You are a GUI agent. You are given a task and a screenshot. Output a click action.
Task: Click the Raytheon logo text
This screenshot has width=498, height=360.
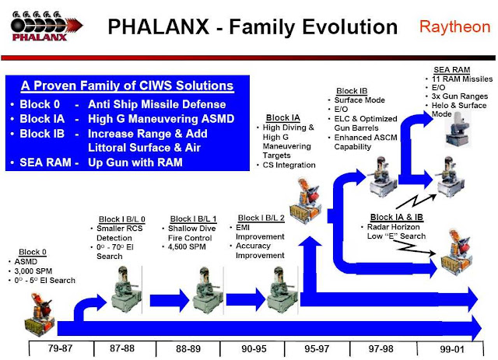[454, 27]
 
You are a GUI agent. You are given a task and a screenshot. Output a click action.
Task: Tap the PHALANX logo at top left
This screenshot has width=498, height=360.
[46, 26]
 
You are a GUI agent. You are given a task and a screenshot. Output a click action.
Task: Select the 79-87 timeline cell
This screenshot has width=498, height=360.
[61, 348]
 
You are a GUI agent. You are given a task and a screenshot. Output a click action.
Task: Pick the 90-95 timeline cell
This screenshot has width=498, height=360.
[253, 348]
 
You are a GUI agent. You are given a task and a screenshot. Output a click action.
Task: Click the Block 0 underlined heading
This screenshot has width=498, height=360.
[33, 252]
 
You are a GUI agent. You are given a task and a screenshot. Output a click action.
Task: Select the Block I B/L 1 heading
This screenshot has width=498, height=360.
[193, 219]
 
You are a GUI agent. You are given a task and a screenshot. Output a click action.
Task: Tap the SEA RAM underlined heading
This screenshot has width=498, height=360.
[451, 70]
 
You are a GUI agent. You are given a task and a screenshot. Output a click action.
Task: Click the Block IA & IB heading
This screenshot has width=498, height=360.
[396, 217]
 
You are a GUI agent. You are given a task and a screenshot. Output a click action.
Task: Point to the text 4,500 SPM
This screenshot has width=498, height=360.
[187, 246]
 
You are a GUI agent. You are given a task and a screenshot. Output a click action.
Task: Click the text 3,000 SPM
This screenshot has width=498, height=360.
[33, 271]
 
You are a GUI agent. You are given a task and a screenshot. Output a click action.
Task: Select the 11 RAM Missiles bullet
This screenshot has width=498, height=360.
[462, 79]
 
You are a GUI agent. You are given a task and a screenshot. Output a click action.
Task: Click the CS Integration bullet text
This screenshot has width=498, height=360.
[289, 165]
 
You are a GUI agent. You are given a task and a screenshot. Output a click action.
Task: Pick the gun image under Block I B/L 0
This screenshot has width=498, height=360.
[126, 289]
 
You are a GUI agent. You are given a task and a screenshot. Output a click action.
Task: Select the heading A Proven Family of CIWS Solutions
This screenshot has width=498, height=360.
[128, 86]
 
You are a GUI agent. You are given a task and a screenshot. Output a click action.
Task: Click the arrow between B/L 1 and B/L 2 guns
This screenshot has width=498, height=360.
[246, 299]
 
